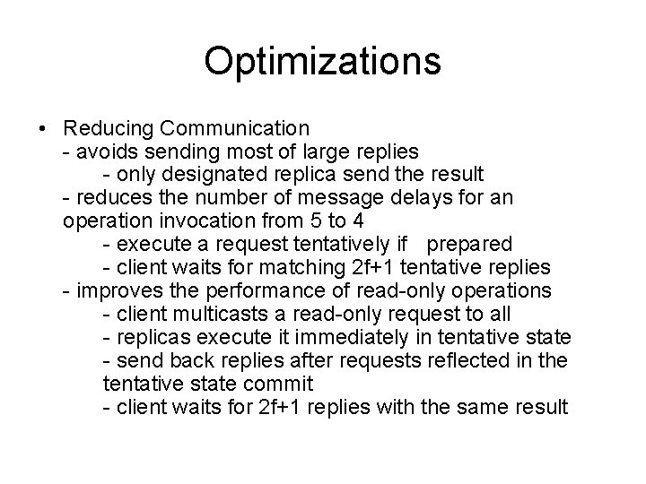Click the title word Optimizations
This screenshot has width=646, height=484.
[322, 62]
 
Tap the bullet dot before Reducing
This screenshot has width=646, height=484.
[44, 128]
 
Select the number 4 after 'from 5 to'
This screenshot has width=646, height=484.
[358, 220]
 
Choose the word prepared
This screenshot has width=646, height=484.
[469, 244]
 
